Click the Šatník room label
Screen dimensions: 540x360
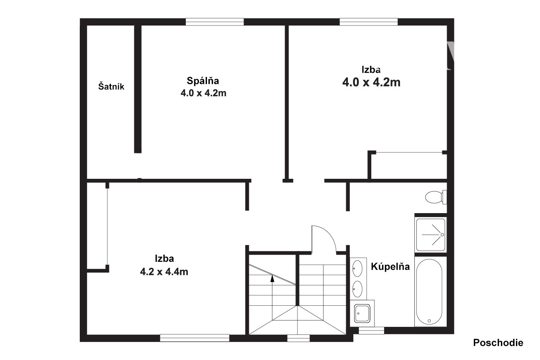pos(111,86)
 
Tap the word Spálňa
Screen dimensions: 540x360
pos(203,81)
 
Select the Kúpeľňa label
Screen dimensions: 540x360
pos(390,266)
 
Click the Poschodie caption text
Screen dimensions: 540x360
pos(498,342)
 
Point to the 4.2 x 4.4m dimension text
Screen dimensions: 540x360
pos(164,272)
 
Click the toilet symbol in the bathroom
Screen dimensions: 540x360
pos(436,197)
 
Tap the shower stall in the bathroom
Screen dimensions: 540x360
pos(431,235)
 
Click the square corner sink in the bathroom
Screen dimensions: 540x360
pos(362,313)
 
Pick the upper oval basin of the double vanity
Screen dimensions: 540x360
pos(357,268)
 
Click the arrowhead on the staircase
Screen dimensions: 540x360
pos(272,279)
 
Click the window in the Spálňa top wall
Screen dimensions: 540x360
pos(215,22)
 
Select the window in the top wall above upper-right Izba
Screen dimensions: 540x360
pos(369,22)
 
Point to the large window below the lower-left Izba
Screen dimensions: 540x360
pos(195,338)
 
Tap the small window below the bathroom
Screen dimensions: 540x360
pos(371,330)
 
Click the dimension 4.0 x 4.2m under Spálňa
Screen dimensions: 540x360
pos(203,93)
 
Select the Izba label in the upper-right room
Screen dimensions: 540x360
pos(371,69)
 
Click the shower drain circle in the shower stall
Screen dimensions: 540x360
pos(442,235)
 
